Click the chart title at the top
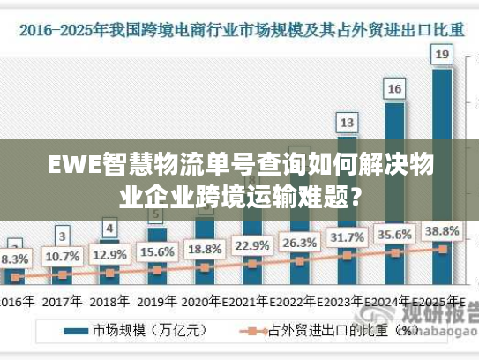(239, 29)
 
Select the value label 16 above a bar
(395, 88)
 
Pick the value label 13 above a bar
(348, 122)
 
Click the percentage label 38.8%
(442, 231)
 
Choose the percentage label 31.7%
(347, 237)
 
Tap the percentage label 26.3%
(299, 242)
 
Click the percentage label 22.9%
(251, 245)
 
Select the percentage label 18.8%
(205, 248)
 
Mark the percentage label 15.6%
(157, 251)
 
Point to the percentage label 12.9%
(109, 254)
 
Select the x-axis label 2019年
(157, 300)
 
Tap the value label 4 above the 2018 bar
(109, 229)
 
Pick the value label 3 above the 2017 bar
(62, 236)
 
